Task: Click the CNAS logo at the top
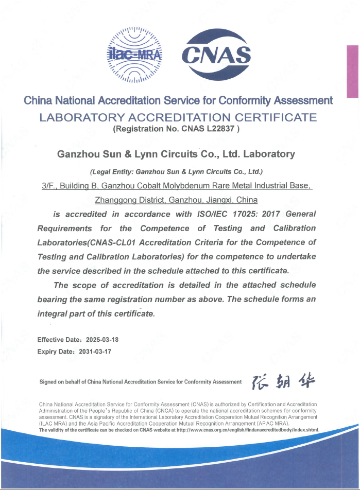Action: click(218, 54)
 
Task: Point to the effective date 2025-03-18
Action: click(102, 340)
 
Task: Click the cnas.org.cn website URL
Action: click(248, 429)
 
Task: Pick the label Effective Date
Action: click(58, 340)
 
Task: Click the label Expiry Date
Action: click(55, 352)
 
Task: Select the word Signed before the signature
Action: click(49, 382)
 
